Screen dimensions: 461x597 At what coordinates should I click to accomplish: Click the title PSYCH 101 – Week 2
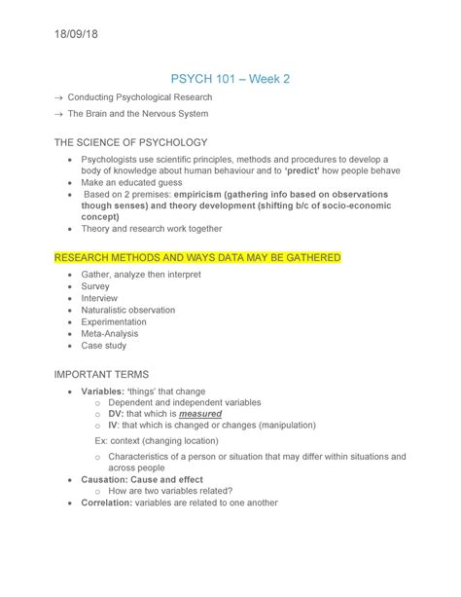click(x=230, y=77)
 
